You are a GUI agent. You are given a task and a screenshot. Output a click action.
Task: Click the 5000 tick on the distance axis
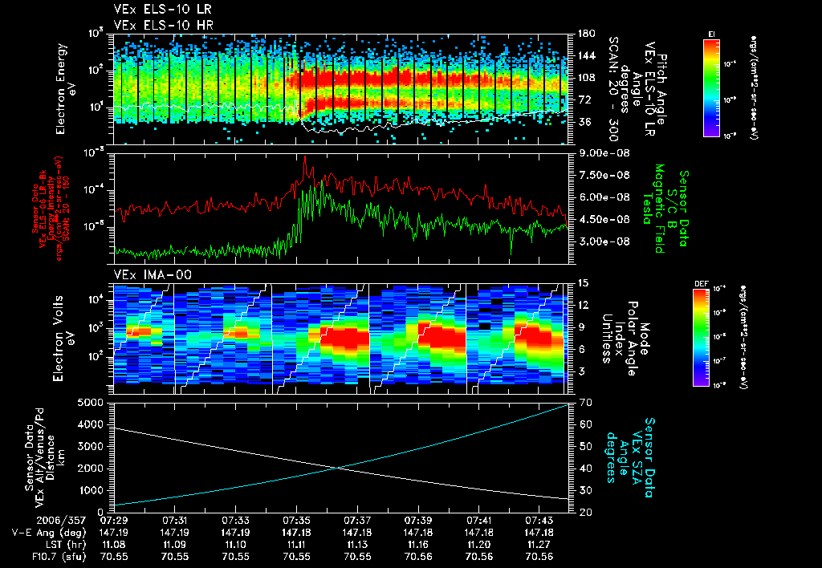(x=95, y=402)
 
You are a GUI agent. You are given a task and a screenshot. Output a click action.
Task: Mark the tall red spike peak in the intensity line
(x=305, y=156)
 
